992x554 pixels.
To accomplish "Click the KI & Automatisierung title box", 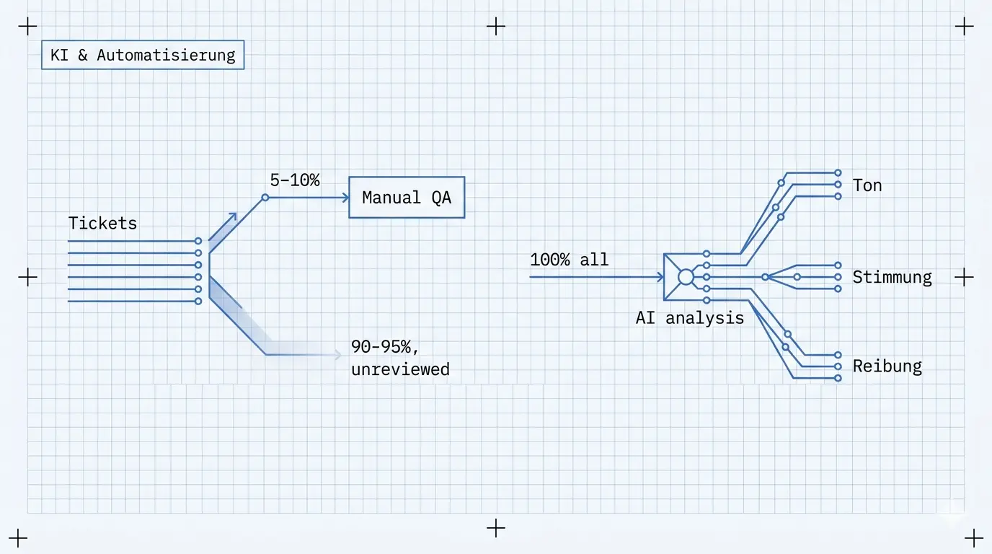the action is tap(143, 55).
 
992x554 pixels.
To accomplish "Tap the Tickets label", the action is tap(103, 223).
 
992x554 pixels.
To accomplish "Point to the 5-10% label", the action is tap(294, 180).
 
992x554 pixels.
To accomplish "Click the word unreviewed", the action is tap(400, 369).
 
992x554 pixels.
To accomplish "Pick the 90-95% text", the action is tap(384, 346).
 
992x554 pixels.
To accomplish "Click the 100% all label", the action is tap(569, 259).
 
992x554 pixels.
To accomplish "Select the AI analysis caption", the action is tap(689, 318).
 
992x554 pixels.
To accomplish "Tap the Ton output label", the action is tap(867, 185).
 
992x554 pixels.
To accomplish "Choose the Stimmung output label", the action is tap(892, 278).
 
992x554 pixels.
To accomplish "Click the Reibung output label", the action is tap(887, 366).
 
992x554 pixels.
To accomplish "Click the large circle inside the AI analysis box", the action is tap(686, 277).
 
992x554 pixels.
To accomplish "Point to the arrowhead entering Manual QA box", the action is tap(346, 198).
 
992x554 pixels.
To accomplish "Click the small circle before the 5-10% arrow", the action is tap(265, 198).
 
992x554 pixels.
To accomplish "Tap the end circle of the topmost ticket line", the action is tap(198, 241).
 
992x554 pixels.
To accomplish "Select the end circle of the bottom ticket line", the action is tap(198, 302).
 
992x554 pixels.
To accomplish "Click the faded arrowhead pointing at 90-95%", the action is tap(338, 355).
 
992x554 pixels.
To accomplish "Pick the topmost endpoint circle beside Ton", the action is tap(838, 173).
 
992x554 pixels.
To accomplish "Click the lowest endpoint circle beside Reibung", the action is tap(838, 378).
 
